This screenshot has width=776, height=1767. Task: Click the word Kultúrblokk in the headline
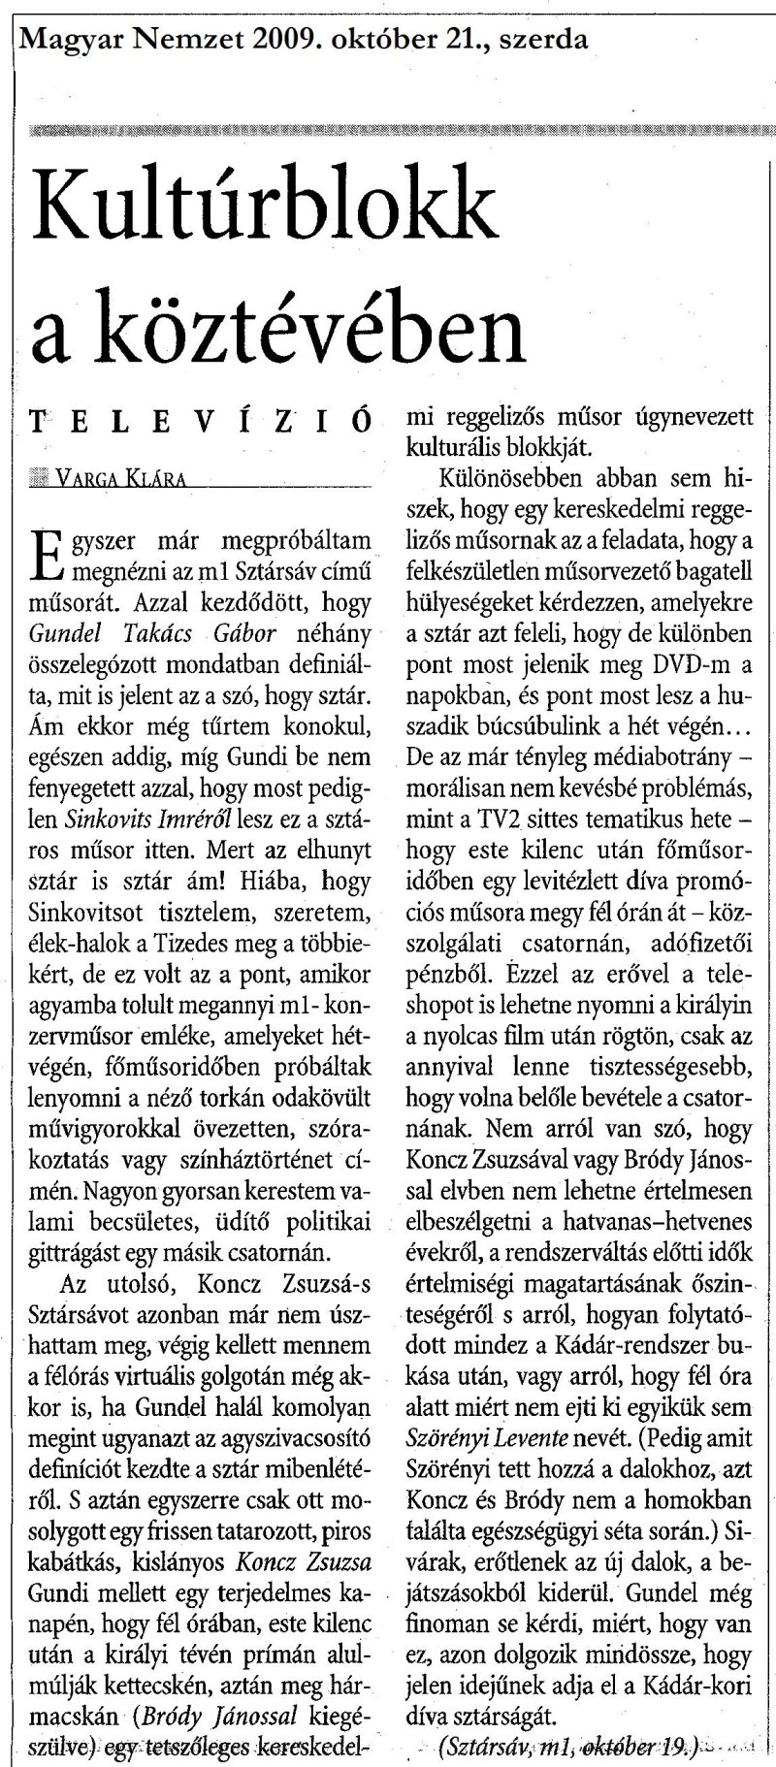(x=263, y=209)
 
